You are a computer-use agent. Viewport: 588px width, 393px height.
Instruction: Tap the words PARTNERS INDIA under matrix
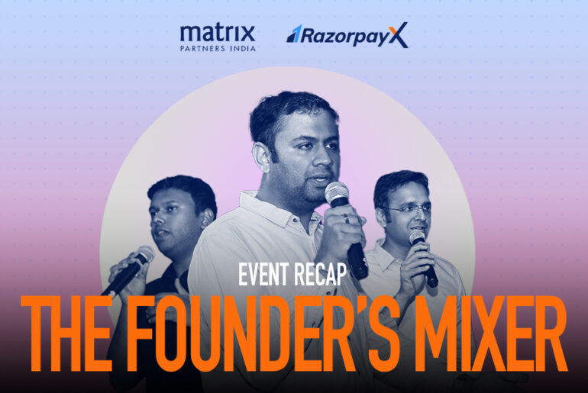pos(217,48)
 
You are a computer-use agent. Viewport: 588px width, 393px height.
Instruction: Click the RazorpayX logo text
pos(347,34)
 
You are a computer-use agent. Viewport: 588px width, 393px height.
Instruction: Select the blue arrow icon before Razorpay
pos(294,34)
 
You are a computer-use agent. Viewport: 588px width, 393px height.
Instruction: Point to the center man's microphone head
pos(337,193)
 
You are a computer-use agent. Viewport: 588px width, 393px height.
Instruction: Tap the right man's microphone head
pos(417,238)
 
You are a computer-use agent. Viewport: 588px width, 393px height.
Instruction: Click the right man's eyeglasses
pos(403,208)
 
